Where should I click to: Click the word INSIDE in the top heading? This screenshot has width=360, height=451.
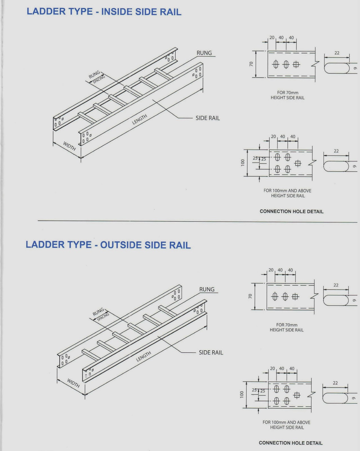(x=116, y=12)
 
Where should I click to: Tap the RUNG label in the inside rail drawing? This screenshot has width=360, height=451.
(x=204, y=53)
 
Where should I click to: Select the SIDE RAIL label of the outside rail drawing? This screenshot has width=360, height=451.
(x=211, y=352)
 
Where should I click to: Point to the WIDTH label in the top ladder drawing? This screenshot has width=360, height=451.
(x=69, y=146)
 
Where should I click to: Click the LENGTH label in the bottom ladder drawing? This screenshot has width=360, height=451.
(x=144, y=356)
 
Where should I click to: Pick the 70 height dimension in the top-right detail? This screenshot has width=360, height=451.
(x=251, y=64)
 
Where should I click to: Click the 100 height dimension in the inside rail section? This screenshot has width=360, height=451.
(x=243, y=163)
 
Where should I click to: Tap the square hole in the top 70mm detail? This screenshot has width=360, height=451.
(x=296, y=65)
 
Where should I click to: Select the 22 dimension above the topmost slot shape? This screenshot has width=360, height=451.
(x=337, y=53)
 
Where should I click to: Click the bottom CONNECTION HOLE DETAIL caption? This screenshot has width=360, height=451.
(x=290, y=443)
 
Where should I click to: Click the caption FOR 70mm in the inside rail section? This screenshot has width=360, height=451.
(x=288, y=92)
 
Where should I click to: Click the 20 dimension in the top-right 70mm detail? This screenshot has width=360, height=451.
(x=272, y=37)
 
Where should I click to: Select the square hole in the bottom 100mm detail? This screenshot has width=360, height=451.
(x=297, y=395)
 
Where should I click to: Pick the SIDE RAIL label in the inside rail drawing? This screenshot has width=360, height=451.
(x=208, y=118)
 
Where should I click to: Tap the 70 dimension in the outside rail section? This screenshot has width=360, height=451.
(x=250, y=296)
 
